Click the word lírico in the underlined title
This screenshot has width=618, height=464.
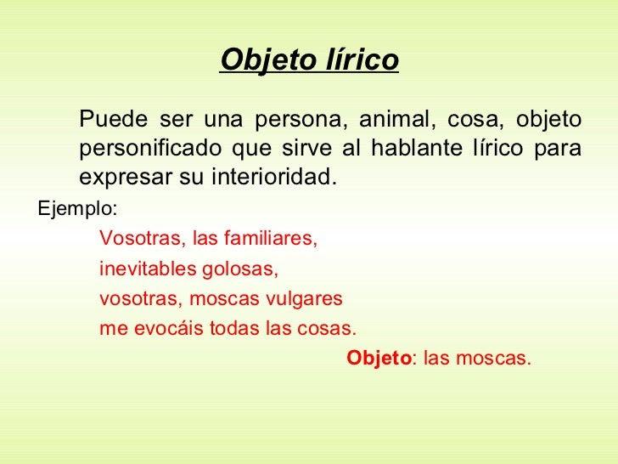362,59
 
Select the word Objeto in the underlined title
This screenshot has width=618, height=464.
269,61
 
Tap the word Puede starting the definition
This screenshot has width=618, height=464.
114,118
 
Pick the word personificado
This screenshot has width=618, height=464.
149,149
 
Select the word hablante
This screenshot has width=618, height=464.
417,148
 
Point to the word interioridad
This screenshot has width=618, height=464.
274,177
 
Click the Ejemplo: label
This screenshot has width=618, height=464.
77,208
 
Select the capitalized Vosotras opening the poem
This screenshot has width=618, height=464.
140,238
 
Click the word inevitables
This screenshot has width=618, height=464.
148,269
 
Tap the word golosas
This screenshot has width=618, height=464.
240,269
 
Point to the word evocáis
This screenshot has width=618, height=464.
169,328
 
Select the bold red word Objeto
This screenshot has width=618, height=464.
379,359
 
